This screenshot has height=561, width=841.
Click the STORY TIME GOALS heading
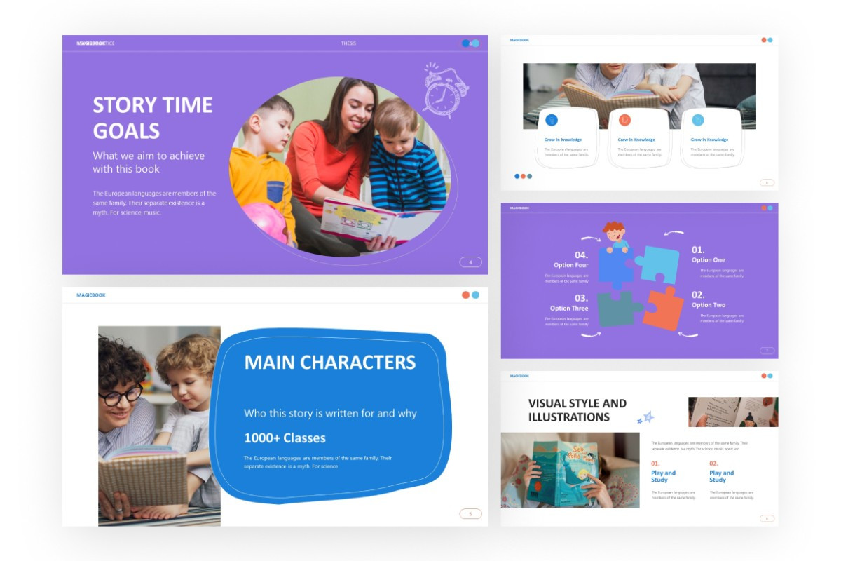tap(152, 117)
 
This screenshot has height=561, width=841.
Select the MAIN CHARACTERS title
tap(329, 363)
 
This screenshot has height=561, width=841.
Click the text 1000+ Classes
tap(285, 438)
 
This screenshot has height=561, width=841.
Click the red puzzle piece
tap(663, 309)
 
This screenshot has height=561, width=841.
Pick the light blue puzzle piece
tap(659, 264)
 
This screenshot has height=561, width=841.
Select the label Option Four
tap(571, 265)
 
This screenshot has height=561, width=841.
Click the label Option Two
tap(709, 305)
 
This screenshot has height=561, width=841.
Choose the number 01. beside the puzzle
tap(698, 250)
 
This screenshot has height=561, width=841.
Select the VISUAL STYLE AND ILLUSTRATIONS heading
tap(577, 410)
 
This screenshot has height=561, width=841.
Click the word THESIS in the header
tap(348, 43)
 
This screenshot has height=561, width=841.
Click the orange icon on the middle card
tap(624, 120)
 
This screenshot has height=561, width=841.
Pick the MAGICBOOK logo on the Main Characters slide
tap(91, 295)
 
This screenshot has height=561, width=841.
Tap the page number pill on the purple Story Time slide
tap(470, 262)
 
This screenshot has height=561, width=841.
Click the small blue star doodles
tap(645, 418)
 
